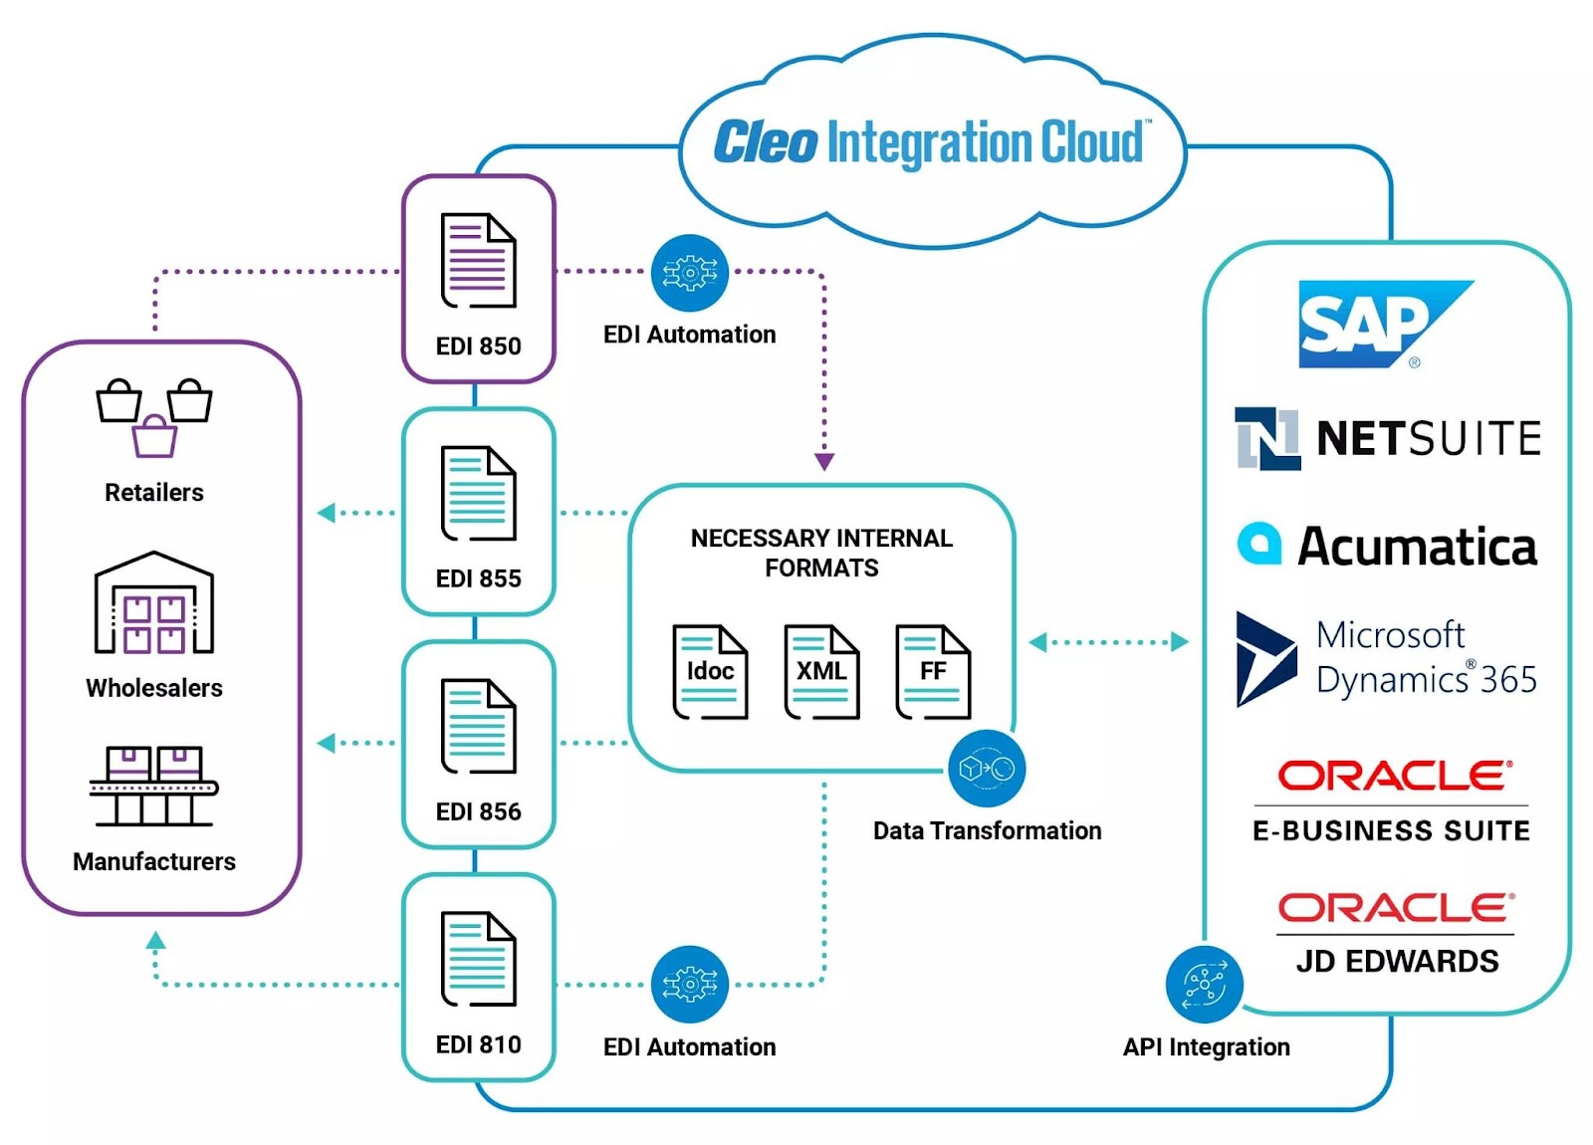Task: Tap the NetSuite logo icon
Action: click(1266, 438)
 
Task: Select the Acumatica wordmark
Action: click(1417, 547)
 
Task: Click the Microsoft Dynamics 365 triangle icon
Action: click(1264, 659)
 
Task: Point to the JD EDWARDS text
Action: click(1397, 961)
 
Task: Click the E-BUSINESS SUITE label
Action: click(1391, 830)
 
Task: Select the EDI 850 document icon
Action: click(478, 260)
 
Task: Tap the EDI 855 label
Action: click(478, 578)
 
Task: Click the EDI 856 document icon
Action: click(478, 726)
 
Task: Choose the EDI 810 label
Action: click(478, 1044)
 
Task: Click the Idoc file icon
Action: click(710, 672)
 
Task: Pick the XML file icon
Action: click(821, 672)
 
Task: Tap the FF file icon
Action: click(933, 672)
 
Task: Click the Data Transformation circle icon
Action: click(987, 769)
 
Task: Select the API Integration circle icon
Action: click(1205, 985)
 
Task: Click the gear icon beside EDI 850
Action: click(690, 273)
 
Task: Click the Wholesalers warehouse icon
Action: click(154, 603)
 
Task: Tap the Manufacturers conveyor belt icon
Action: click(154, 786)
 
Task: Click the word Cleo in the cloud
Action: click(766, 142)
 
